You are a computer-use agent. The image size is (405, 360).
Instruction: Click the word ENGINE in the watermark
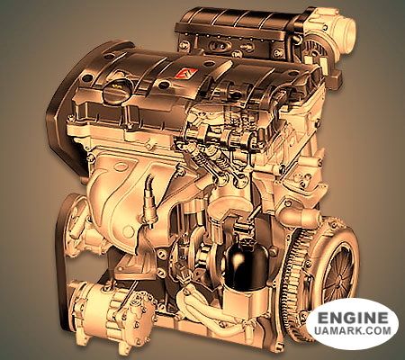[352, 317]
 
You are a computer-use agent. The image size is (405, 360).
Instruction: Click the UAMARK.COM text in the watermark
[353, 330]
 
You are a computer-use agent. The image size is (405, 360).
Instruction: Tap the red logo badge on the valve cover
[186, 74]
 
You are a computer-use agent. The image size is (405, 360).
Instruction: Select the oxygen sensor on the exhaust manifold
[149, 200]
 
